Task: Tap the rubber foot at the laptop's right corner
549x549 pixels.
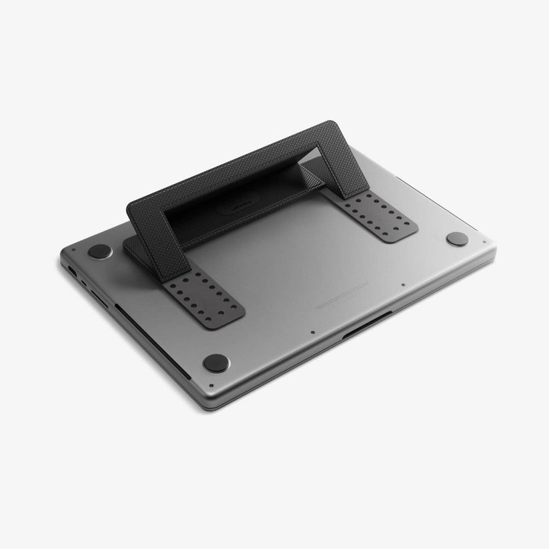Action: point(457,239)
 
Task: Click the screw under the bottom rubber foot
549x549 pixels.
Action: point(211,386)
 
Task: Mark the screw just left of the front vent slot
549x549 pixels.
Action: point(312,330)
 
